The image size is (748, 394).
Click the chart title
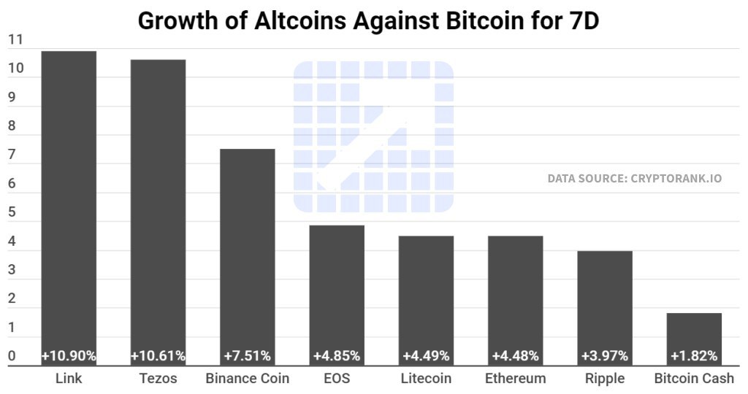(x=368, y=20)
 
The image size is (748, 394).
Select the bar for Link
(x=69, y=197)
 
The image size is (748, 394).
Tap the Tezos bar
(x=158, y=204)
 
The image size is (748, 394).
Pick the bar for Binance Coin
(x=248, y=248)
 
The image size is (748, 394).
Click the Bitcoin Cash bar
(x=694, y=332)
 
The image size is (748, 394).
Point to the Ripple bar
(x=605, y=299)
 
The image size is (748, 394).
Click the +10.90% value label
(x=69, y=356)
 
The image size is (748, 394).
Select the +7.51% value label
(x=248, y=356)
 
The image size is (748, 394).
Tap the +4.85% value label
(x=337, y=356)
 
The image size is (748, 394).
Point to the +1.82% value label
(x=694, y=356)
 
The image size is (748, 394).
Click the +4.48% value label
(x=516, y=356)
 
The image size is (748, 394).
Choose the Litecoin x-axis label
(x=426, y=379)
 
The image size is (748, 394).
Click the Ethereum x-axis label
(x=516, y=379)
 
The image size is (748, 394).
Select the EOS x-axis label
(x=337, y=379)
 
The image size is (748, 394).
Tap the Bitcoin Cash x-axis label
(x=694, y=379)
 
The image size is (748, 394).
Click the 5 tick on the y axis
(x=12, y=213)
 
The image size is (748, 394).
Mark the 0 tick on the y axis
(x=12, y=356)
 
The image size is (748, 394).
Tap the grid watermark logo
(x=373, y=136)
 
